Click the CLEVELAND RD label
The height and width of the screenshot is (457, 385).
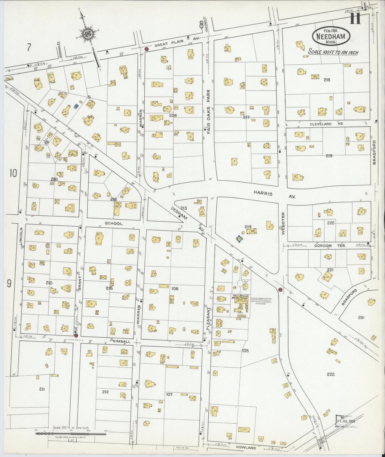coord(321,124)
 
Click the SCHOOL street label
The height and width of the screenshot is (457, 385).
coord(114,223)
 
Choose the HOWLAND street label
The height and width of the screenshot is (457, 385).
coord(246,448)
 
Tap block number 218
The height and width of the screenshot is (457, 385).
coord(327,79)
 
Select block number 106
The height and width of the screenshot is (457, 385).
coord(175,288)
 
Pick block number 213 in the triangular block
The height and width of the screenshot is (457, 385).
coord(184,208)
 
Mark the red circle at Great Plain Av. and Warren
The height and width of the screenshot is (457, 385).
coord(146,49)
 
